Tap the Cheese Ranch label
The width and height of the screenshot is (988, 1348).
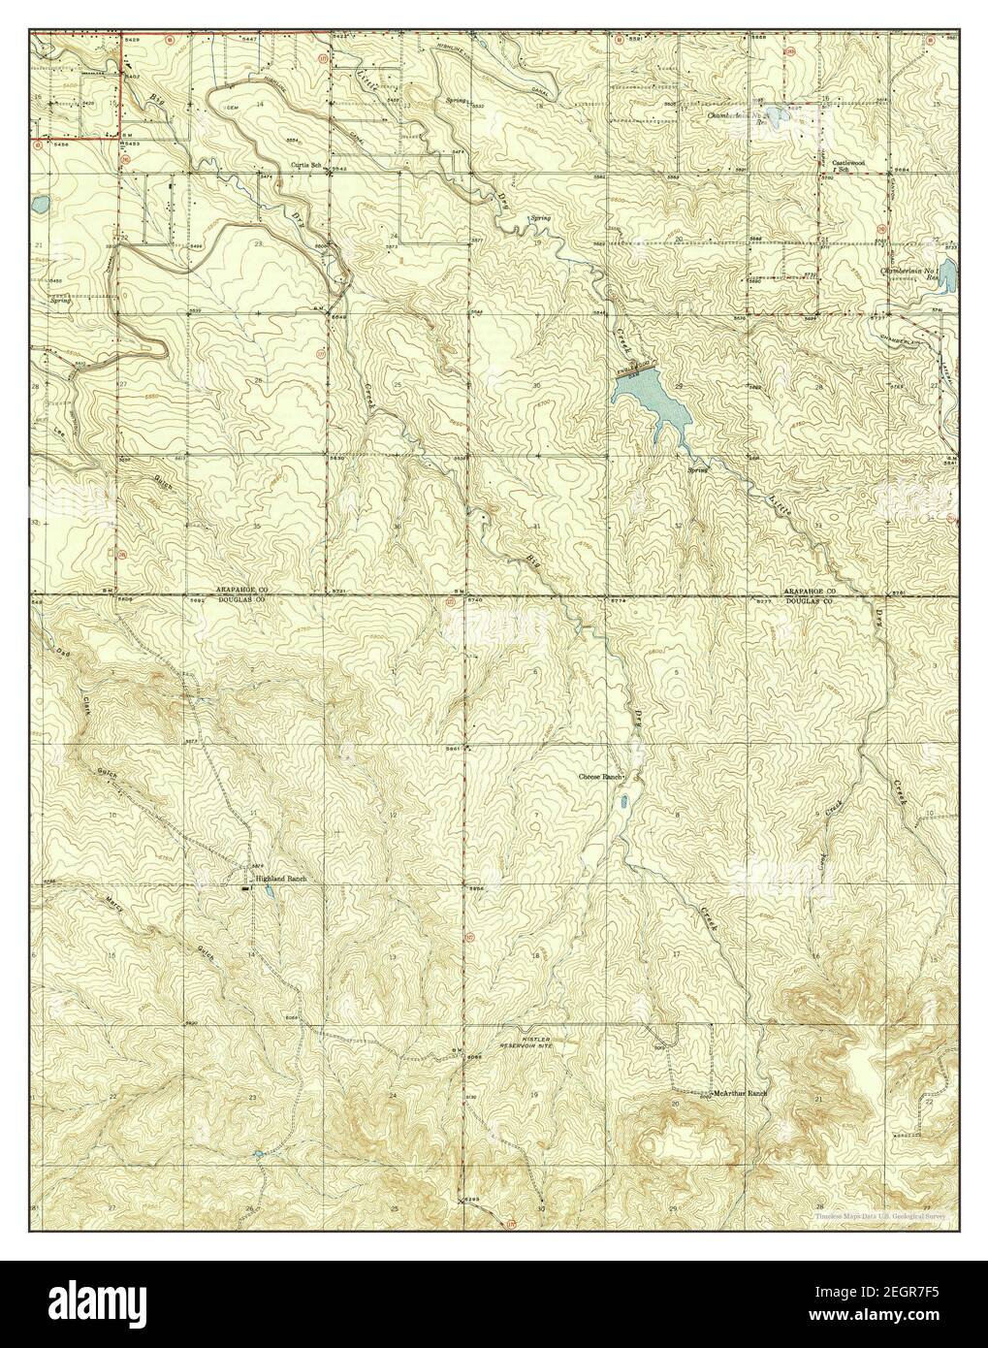(598, 778)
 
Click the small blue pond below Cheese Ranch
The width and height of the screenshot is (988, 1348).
(624, 802)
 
